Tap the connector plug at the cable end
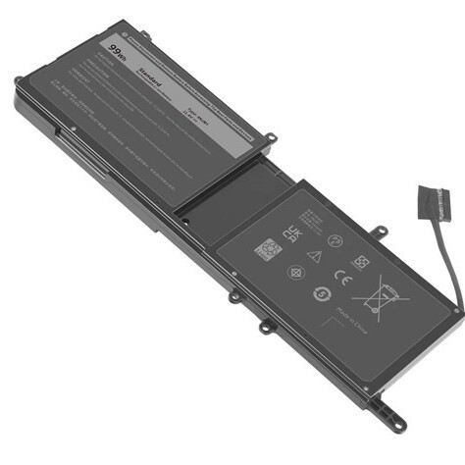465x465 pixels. point(433,202)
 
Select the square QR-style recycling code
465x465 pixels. point(267,249)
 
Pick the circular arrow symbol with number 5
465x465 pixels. point(320,293)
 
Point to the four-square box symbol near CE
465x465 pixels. point(360,263)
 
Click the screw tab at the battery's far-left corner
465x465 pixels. point(19,80)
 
